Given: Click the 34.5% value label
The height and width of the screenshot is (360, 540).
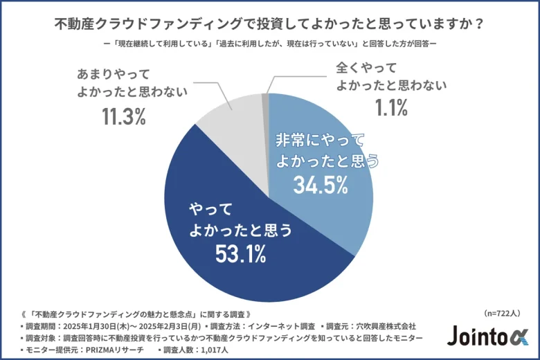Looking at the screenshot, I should coord(319,186).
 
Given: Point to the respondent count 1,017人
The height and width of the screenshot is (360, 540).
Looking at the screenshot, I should coord(204,350).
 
